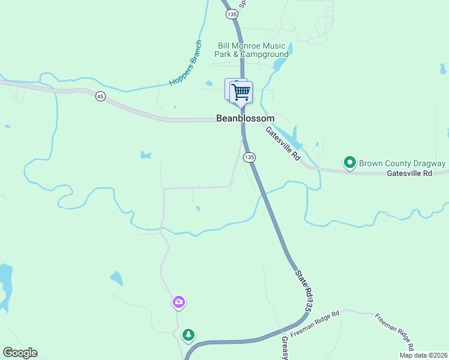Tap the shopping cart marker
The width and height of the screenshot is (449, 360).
coord(241,92)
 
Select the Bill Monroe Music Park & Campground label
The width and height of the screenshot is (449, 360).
coord(253,50)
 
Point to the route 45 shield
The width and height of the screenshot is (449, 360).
coord(100,97)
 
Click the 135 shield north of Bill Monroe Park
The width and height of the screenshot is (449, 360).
coord(231,13)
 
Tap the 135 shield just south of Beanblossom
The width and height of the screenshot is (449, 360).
coord(249,157)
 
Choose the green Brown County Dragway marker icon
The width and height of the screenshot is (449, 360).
coord(349,163)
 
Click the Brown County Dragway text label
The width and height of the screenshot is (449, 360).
coord(402,163)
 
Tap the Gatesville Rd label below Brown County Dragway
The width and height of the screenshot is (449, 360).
coord(409,173)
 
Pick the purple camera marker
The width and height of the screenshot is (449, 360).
coord(178,302)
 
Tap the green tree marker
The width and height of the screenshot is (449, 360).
coord(189,334)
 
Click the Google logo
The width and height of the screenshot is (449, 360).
coord(20,353)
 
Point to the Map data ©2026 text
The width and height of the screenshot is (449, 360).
coord(423,355)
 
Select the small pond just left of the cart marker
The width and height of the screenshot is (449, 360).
coord(208,84)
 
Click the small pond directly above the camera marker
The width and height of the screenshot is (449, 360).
coord(116,278)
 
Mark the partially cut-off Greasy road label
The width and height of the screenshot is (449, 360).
coord(285,348)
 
